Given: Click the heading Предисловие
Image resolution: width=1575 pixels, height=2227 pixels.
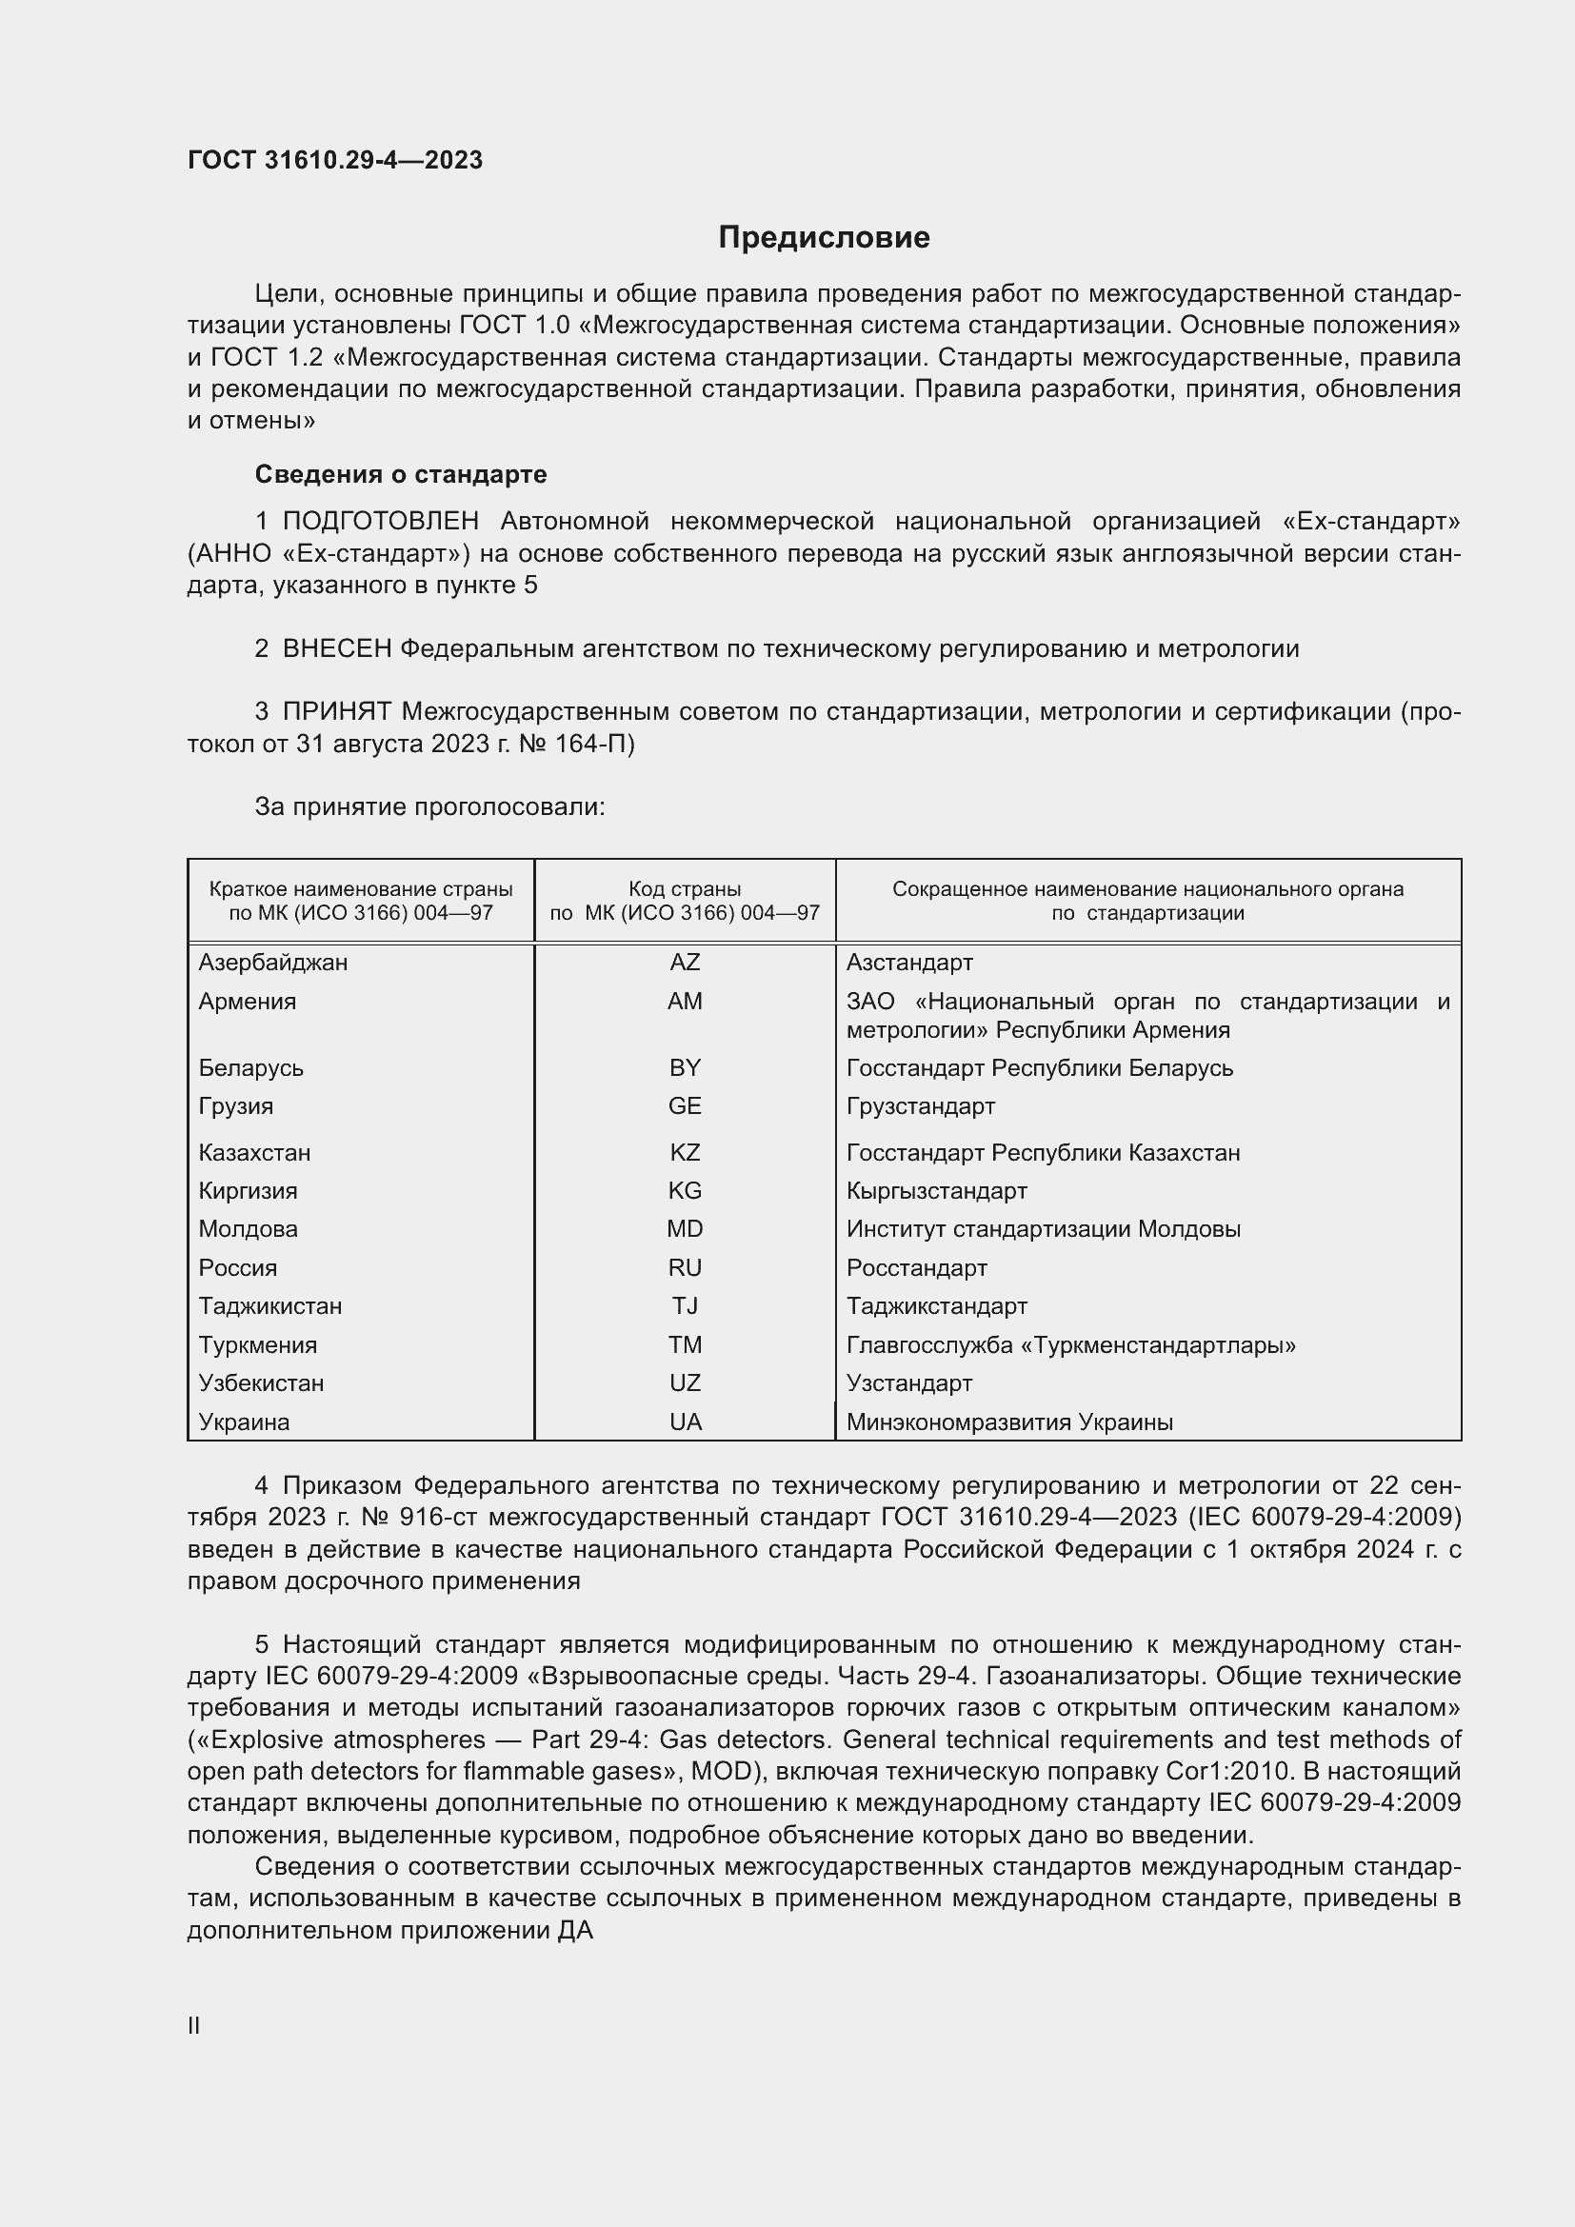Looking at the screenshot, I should coord(824,238).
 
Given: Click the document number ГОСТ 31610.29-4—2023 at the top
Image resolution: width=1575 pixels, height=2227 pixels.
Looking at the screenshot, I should coord(334,160).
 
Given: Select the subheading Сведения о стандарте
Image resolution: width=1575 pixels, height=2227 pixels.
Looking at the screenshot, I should coord(401,474).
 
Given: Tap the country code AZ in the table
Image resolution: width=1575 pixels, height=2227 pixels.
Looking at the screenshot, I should coord(685,963).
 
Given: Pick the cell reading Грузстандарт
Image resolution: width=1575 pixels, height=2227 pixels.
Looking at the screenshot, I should coord(921,1105).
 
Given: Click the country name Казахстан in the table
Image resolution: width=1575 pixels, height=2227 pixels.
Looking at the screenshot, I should coord(254,1152).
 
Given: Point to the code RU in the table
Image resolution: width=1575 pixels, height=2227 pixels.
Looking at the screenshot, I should coord(685,1267).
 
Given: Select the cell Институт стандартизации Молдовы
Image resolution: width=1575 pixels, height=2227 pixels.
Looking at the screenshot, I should coord(1043,1229).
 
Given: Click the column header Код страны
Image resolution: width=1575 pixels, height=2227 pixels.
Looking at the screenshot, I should coord(685,888).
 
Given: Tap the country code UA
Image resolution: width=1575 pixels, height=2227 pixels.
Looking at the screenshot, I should coord(685,1422).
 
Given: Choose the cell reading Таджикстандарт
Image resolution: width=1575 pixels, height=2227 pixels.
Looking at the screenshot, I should coord(936,1305).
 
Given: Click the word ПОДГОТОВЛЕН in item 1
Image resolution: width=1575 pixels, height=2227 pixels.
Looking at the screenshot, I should coord(380,521).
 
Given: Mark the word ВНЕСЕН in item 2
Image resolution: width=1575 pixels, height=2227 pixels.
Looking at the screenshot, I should coord(336,649).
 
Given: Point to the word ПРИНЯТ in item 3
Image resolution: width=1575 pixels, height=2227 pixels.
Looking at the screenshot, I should coord(336,712).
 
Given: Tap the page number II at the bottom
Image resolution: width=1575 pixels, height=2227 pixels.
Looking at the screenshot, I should coord(194,2025).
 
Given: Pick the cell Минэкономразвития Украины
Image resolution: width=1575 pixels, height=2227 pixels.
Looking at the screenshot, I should coord(1008,1422).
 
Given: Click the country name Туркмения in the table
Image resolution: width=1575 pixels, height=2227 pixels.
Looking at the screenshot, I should coord(257,1344).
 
